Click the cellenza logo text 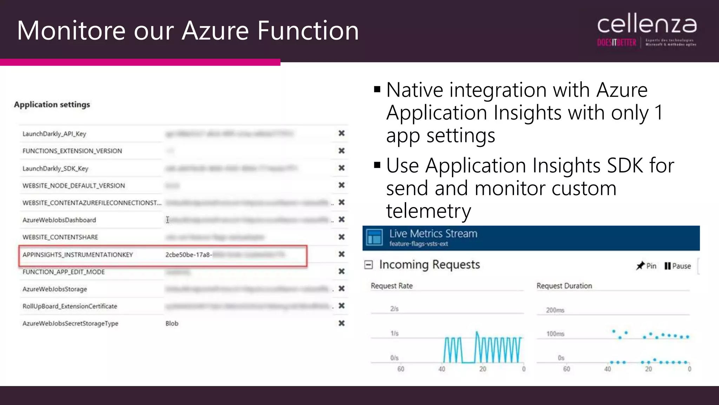coord(647,25)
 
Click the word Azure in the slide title coord(215,31)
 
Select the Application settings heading coord(52,104)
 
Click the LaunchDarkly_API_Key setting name coord(54,134)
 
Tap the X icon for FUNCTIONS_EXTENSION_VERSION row coord(341,150)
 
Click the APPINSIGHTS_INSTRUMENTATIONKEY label coord(78,255)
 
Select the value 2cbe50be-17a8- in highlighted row coord(188,255)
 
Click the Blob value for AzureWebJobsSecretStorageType coord(172,323)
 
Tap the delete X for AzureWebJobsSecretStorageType coord(341,323)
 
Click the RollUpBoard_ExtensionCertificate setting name coord(70,306)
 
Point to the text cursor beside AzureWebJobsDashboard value coord(167,220)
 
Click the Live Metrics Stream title coord(433,233)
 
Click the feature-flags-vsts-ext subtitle coord(418,244)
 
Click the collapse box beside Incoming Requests coord(368,265)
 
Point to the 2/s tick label coord(394,309)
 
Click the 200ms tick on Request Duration coord(555,310)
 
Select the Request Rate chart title coord(391,286)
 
